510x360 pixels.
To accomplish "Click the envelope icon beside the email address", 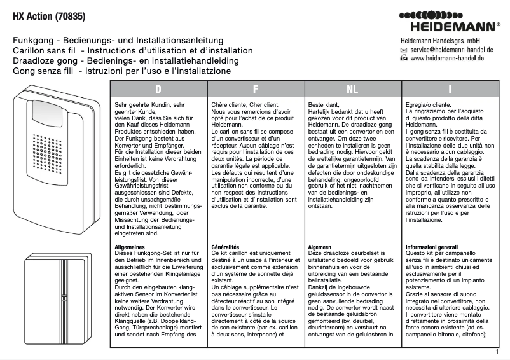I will coord(403,49).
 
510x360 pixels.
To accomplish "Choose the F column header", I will coord(255,89).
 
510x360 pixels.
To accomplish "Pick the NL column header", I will coord(352,89).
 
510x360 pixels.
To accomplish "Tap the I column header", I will coord(450,89).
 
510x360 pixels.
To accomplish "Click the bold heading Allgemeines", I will coord(129,246).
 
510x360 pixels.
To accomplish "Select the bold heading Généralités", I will coord(224,246).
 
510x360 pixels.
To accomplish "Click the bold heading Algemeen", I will coord(320,246).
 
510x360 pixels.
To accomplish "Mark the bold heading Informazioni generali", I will coord(431,246).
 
